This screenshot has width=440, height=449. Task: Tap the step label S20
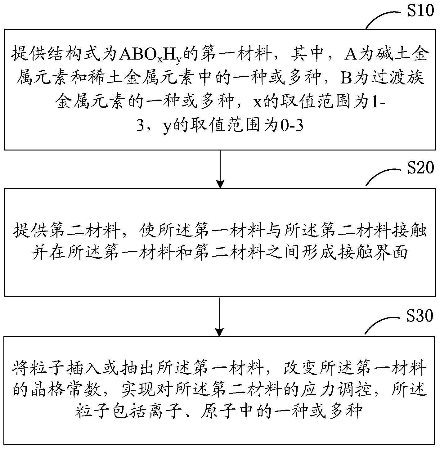tap(420, 168)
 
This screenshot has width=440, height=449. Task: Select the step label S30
tap(420, 316)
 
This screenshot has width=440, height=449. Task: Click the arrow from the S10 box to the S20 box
tap(220, 169)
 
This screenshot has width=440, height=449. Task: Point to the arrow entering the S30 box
tap(219, 317)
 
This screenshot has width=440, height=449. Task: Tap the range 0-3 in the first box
tap(292, 126)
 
